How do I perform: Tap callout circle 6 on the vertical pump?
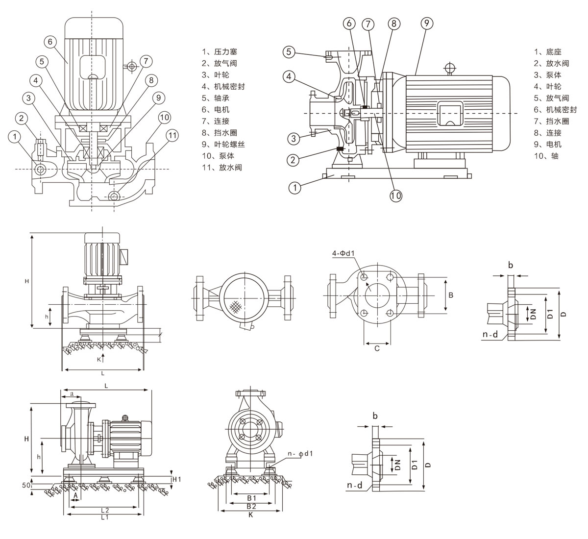pyautogui.click(x=49, y=42)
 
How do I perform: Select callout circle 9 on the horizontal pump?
pyautogui.click(x=426, y=23)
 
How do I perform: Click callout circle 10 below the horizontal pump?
pyautogui.click(x=396, y=196)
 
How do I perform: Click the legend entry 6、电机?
pyautogui.click(x=216, y=109)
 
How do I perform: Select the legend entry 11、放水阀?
pyautogui.click(x=222, y=167)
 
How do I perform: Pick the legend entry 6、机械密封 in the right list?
pyautogui.click(x=555, y=109)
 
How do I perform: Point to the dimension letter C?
pyautogui.click(x=377, y=348)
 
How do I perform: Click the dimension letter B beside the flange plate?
pyautogui.click(x=451, y=295)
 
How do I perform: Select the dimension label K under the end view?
pyautogui.click(x=250, y=515)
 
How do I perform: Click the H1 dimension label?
pyautogui.click(x=176, y=479)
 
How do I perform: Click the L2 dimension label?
pyautogui.click(x=103, y=510)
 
